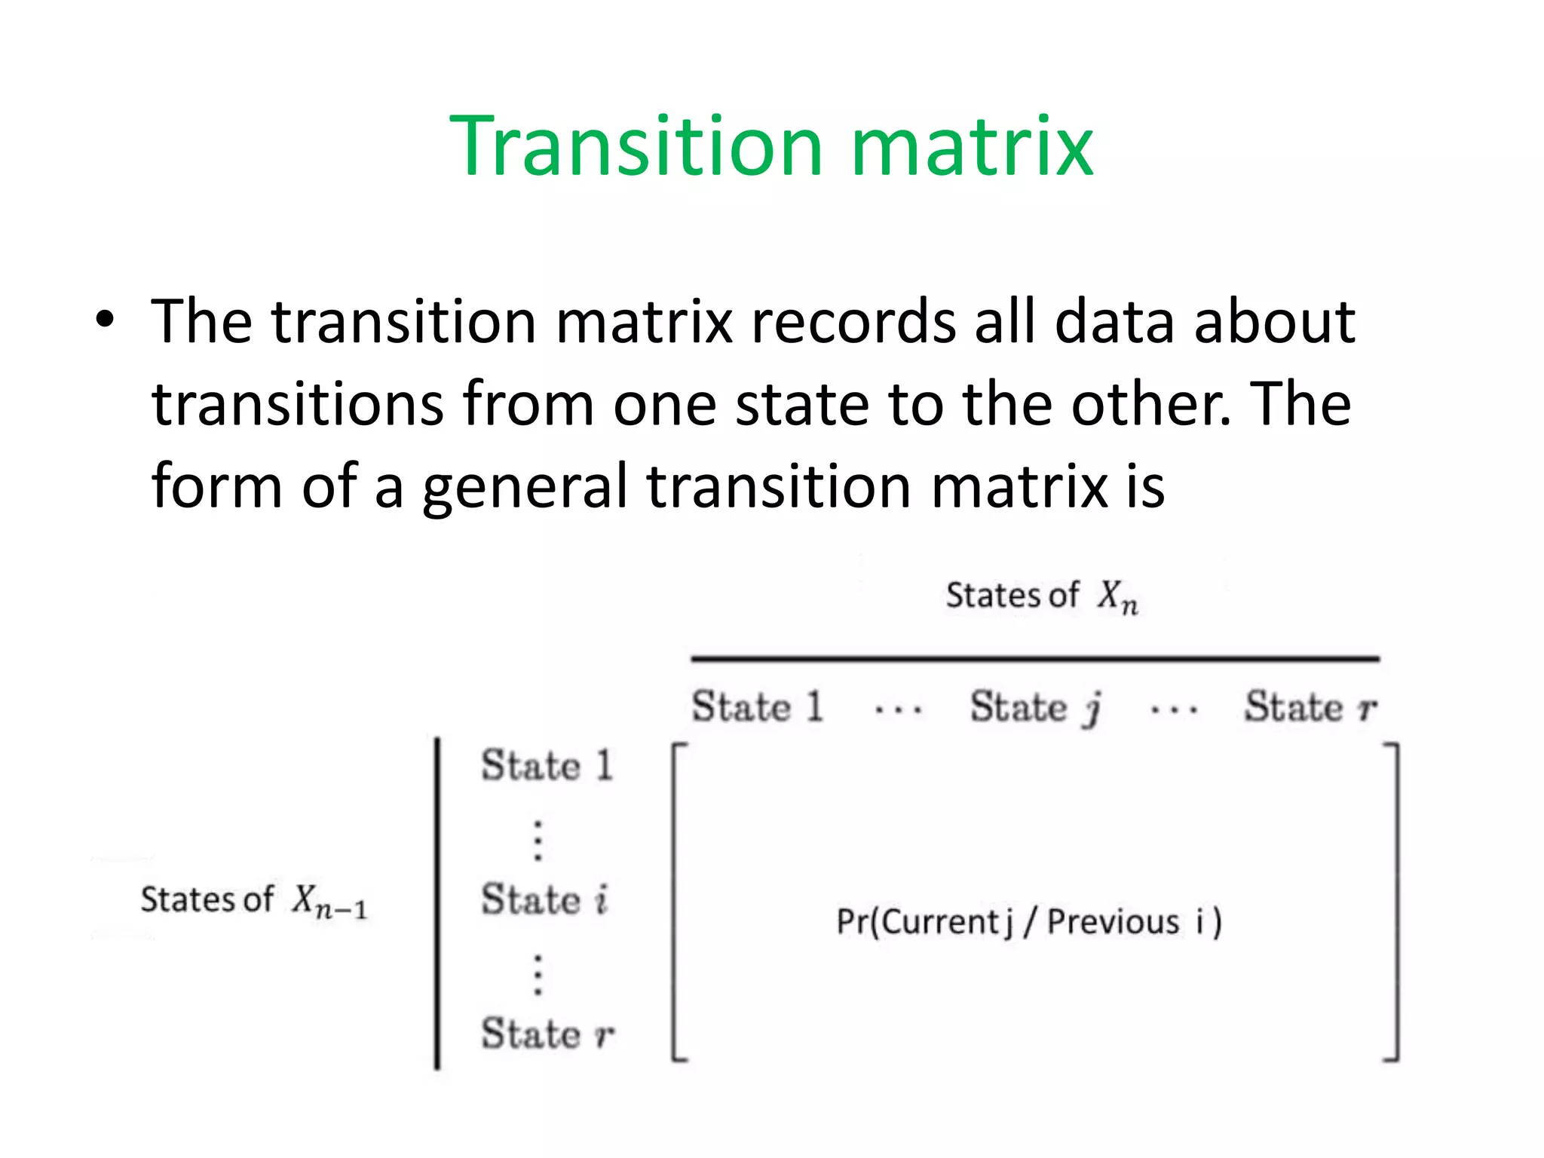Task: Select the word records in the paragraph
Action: (853, 322)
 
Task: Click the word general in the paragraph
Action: (525, 487)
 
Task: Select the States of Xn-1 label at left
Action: (253, 900)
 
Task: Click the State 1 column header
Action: (757, 707)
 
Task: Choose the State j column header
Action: (1035, 707)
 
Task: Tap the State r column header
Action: (1310, 707)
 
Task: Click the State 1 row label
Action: (547, 766)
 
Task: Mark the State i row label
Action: (544, 900)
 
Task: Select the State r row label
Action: (547, 1034)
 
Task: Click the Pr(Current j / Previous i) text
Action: (1029, 922)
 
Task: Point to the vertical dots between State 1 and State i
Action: (538, 840)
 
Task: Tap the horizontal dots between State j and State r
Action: (1174, 709)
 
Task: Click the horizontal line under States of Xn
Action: (1034, 659)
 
